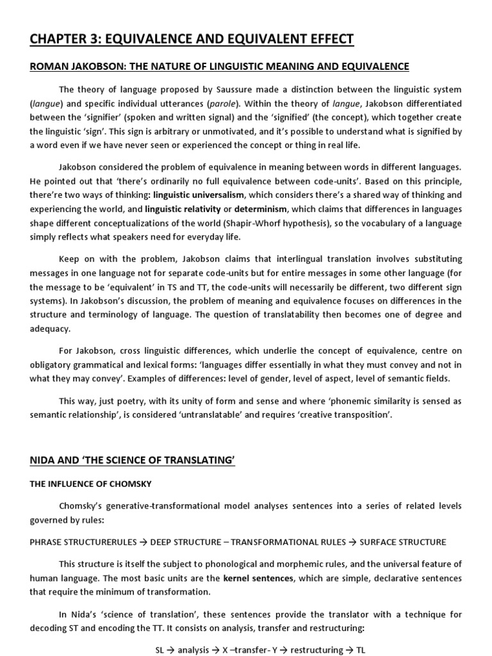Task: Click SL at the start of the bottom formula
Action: point(161,650)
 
